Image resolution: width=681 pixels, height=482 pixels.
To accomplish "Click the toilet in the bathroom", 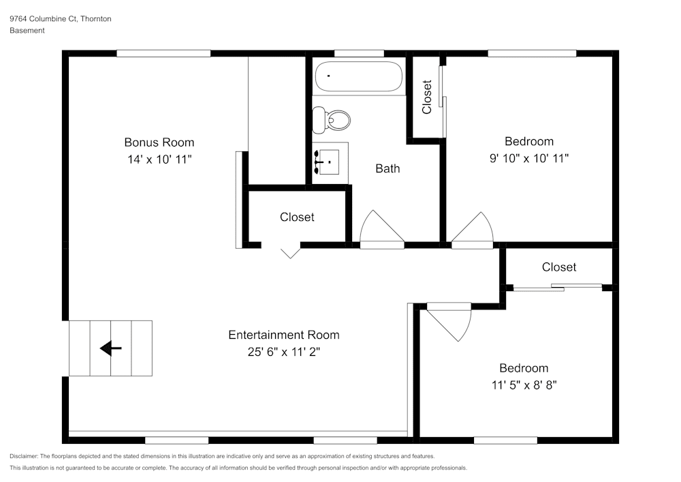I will tap(331, 121).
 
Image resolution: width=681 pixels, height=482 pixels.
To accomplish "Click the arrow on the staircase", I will tap(110, 349).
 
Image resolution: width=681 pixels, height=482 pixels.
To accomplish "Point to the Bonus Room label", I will tap(159, 142).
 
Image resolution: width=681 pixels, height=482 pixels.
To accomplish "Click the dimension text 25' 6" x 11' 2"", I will tap(283, 352).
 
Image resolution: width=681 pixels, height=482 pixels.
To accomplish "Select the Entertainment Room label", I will tap(283, 335).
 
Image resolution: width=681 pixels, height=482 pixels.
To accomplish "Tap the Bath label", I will tap(387, 168).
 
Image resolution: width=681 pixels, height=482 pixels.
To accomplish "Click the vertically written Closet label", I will tap(427, 97).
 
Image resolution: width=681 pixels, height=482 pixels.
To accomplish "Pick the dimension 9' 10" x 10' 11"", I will tap(528, 158).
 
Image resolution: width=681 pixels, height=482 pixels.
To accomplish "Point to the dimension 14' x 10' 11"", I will tap(159, 159).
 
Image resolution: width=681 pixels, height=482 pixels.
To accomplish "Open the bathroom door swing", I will tap(381, 228).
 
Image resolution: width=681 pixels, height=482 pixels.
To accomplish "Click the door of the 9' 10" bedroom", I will tap(472, 230).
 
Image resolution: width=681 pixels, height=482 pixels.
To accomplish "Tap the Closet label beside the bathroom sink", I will tap(297, 217).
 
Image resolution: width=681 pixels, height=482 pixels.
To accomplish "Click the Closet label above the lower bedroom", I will tap(558, 267).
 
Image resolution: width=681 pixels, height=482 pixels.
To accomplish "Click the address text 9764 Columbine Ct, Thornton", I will tap(61, 19).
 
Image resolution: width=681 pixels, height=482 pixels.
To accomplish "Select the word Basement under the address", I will tap(27, 31).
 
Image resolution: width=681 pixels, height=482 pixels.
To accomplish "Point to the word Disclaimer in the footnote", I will tap(24, 456).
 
